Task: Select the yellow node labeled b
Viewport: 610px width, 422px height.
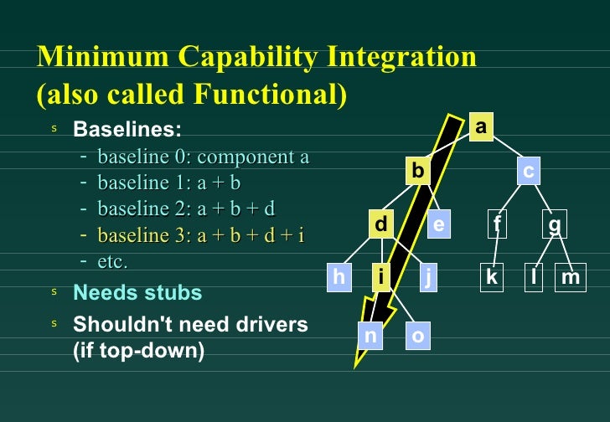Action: coord(417,171)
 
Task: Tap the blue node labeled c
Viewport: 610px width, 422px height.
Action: coord(528,171)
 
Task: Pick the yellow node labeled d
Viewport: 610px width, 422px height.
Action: coord(381,224)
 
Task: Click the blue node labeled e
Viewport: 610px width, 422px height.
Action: coord(438,224)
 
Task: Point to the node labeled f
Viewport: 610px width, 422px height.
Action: coord(498,224)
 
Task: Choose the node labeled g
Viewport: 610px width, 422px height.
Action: coord(555,224)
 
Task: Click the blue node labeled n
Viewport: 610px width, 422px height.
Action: coord(370,335)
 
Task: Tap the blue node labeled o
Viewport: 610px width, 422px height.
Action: coord(418,335)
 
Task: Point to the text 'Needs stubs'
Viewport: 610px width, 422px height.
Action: coord(137,292)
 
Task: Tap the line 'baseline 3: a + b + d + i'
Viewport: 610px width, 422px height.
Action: coord(201,235)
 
